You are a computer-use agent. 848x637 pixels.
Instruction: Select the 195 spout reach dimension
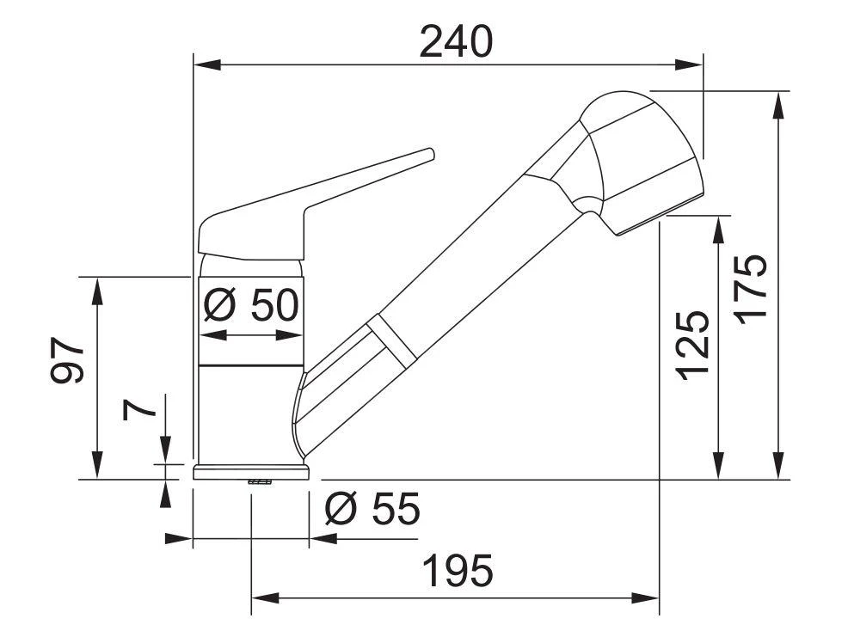[457, 570]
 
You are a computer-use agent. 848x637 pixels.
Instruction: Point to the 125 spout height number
[692, 345]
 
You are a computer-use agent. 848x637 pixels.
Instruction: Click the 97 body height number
[68, 360]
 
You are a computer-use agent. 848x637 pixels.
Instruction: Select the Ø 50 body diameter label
[252, 303]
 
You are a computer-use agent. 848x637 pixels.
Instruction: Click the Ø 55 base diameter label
[372, 511]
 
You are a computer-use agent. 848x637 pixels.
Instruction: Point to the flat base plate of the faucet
[251, 471]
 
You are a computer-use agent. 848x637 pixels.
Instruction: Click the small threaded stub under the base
[259, 482]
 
